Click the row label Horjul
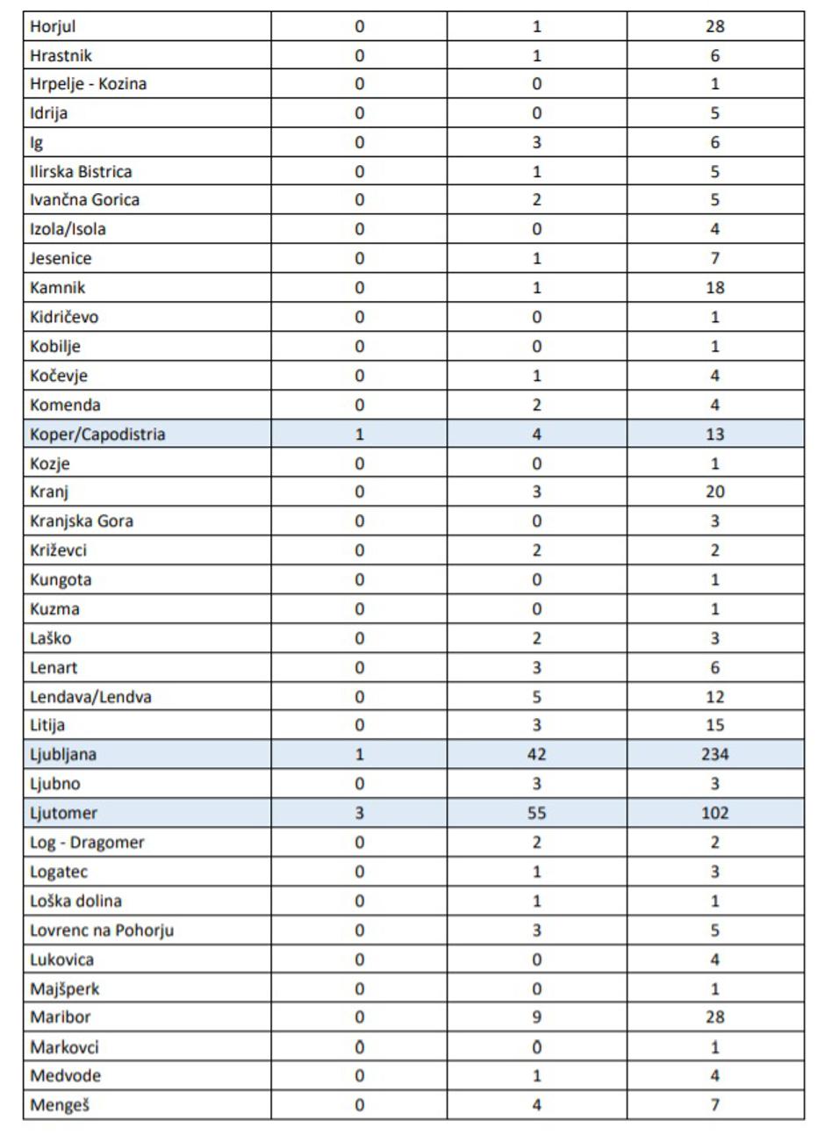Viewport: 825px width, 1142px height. [53, 26]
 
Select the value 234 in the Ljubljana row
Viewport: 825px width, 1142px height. [714, 754]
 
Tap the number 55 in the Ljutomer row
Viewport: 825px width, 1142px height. [536, 813]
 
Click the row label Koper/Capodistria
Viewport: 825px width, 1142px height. [97, 434]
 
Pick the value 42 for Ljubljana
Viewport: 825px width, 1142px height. [536, 754]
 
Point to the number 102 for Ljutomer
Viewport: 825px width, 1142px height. [714, 813]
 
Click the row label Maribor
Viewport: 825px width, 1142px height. [60, 1017]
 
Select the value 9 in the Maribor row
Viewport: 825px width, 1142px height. [536, 1017]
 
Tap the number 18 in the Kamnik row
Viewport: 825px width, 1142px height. [714, 287]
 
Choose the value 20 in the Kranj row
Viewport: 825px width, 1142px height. [714, 492]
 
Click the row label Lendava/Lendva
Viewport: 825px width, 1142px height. [90, 697]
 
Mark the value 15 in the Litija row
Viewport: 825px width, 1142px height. [714, 725]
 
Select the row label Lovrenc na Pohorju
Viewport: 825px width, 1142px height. [102, 930]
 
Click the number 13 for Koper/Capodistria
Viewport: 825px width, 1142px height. [714, 434]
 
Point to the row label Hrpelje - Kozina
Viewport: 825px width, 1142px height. [88, 84]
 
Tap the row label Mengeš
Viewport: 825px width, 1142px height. [59, 1105]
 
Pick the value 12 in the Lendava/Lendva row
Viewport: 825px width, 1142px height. [714, 697]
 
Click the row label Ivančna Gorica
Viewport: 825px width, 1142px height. [84, 199]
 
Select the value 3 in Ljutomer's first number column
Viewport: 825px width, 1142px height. [359, 813]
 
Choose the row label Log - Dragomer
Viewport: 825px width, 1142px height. [87, 843]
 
